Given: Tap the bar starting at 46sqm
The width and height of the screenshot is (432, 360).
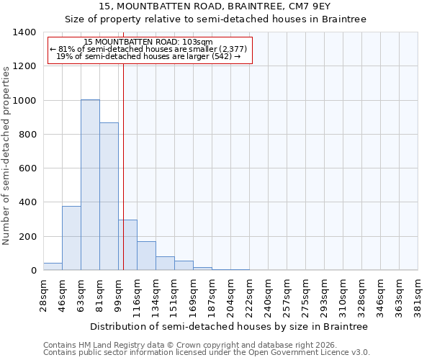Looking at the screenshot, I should (x=71, y=238).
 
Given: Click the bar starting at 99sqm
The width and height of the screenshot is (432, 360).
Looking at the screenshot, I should (x=127, y=245).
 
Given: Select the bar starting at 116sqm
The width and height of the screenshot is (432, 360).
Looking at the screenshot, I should (x=146, y=256).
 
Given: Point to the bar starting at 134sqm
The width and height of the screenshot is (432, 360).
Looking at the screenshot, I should (x=165, y=264).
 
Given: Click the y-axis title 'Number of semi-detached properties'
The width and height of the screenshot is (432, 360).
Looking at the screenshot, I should (x=7, y=155).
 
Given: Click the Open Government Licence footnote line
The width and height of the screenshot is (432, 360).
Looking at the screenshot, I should (x=207, y=353).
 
